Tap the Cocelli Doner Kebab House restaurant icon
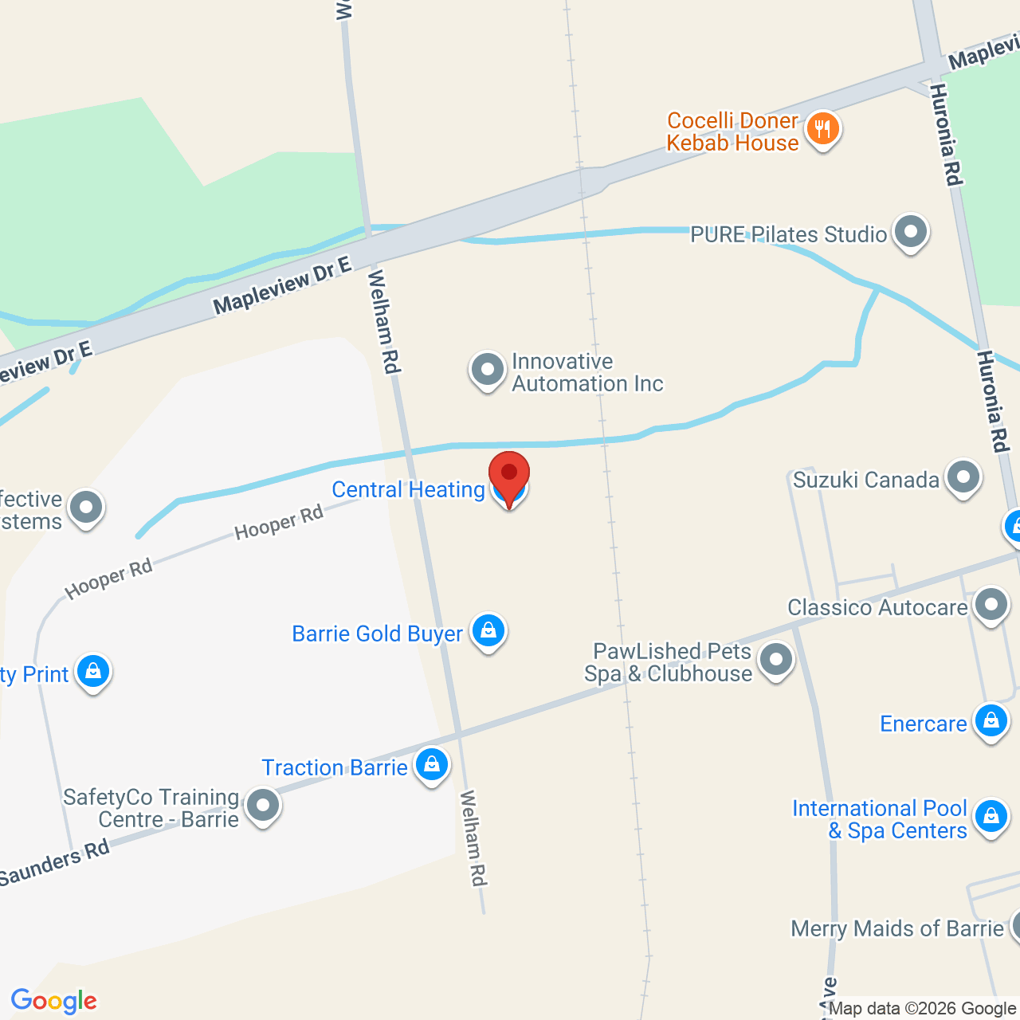point(822,128)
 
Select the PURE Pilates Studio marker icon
point(910,232)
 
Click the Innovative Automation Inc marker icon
point(487,370)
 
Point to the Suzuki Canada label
point(865,480)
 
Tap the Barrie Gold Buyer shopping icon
point(488,631)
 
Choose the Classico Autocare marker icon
point(991,605)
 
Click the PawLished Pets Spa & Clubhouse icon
point(775,660)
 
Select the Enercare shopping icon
point(991,721)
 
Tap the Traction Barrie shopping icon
point(431,765)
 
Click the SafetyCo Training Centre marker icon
point(262,806)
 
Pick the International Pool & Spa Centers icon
point(991,817)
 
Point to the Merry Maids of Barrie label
point(896,928)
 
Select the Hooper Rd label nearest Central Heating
point(279,522)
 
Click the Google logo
point(53,1001)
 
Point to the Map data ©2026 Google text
point(922,1009)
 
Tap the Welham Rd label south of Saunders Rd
point(473,838)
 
